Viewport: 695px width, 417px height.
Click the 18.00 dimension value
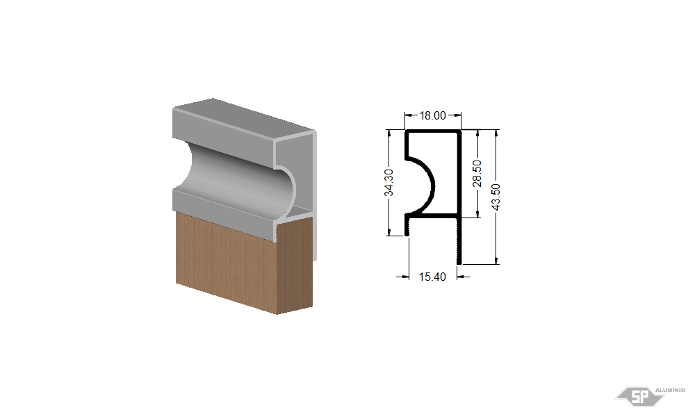pos(432,115)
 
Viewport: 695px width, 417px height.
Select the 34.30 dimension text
pos(389,183)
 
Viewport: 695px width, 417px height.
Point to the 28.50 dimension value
pos(477,174)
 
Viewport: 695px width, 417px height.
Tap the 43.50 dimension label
pos(496,197)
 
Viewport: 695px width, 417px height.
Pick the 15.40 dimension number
pos(432,277)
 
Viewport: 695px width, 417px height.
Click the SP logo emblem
pos(639,396)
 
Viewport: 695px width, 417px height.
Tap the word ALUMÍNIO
pos(670,390)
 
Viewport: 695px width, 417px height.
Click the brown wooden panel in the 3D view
pos(244,261)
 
